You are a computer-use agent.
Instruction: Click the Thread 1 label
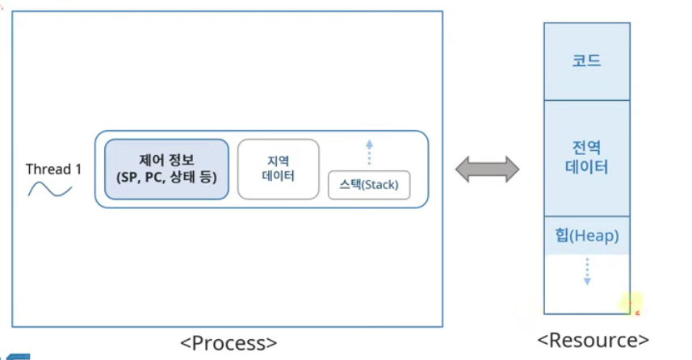53,170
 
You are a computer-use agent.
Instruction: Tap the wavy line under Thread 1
50,190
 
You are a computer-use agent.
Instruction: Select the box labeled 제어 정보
166,169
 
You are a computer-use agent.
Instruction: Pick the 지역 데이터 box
278,169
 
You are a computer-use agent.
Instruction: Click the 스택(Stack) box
369,186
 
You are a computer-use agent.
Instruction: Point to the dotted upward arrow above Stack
369,153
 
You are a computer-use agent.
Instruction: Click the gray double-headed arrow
487,169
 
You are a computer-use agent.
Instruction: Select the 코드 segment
586,61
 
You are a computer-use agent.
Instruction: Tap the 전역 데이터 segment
586,158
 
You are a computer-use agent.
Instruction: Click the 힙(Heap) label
586,236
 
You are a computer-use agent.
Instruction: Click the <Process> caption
228,341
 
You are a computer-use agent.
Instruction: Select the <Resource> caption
593,340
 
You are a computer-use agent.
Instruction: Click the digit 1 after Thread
78,170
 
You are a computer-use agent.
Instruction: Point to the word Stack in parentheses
379,186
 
